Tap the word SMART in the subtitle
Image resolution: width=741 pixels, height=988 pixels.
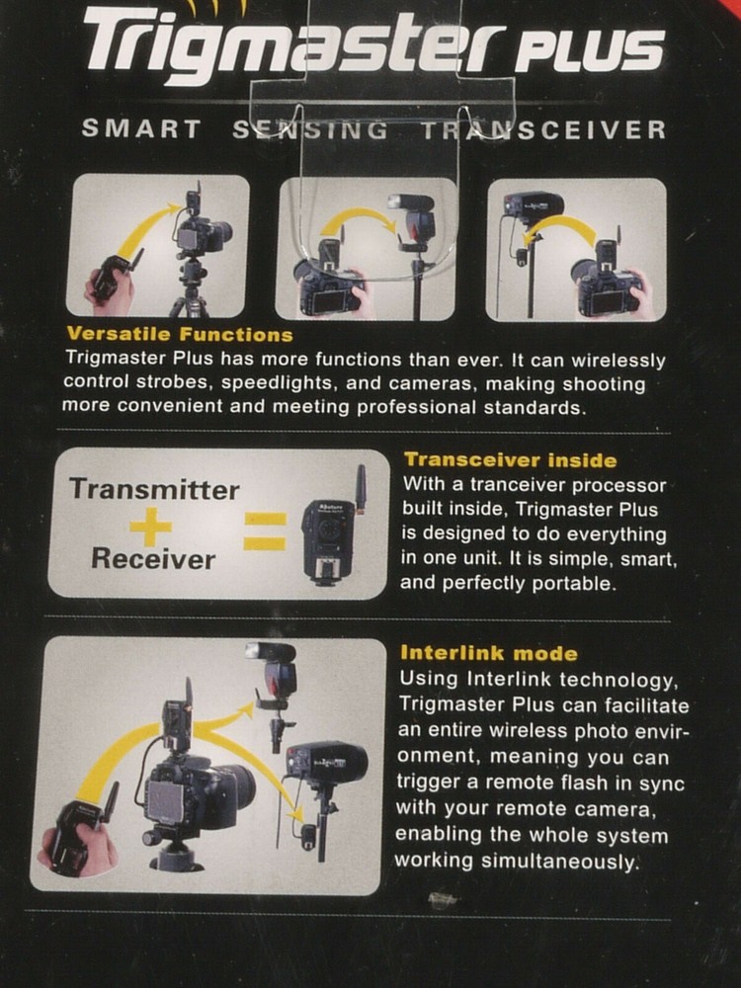click(x=141, y=129)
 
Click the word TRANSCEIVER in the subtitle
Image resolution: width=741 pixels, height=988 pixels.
click(x=543, y=129)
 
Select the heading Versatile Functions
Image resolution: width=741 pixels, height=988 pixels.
click(x=179, y=335)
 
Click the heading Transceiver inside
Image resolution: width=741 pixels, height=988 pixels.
click(x=510, y=459)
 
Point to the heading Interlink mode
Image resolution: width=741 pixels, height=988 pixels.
click(x=488, y=653)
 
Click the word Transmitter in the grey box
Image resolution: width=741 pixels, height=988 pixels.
click(x=154, y=490)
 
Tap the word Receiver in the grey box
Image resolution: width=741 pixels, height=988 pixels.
click(x=153, y=559)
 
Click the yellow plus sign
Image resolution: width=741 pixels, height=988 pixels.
click(x=150, y=525)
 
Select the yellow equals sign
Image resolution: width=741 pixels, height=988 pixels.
click(x=265, y=530)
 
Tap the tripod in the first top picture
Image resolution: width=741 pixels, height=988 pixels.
click(x=190, y=287)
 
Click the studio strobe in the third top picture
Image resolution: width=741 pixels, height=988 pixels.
click(x=534, y=206)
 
